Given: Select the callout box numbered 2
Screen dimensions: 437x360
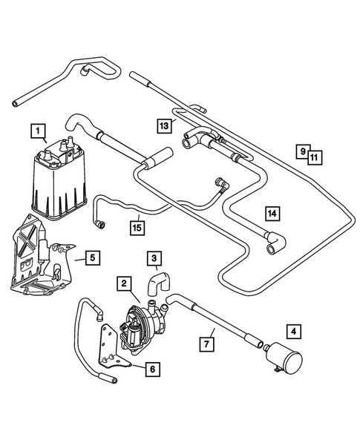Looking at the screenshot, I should [x=125, y=284].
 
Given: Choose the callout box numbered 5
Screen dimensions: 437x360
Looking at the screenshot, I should [x=91, y=258].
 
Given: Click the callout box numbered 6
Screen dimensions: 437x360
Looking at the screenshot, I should [x=152, y=369].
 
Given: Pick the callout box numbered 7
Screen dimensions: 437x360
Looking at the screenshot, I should [x=207, y=344].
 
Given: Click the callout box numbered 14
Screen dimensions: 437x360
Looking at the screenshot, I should [x=272, y=213].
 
